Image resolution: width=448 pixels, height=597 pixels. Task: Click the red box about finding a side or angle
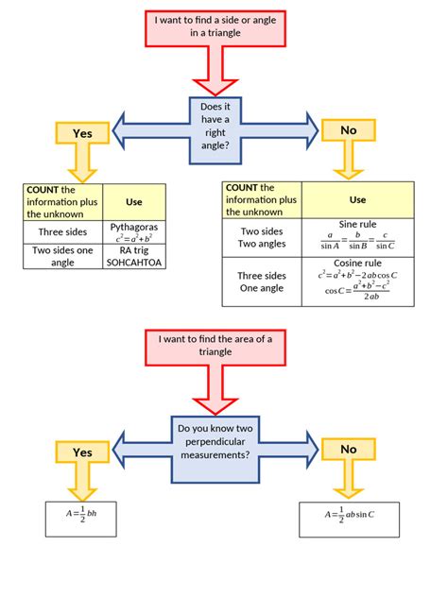(223, 28)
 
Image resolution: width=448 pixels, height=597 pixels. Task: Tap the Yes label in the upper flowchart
(83, 133)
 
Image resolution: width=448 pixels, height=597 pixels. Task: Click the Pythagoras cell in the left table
(135, 231)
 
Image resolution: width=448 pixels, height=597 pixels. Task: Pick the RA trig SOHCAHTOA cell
(135, 256)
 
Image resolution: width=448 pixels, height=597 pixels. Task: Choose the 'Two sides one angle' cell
(61, 256)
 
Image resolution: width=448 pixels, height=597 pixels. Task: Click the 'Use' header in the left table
(135, 201)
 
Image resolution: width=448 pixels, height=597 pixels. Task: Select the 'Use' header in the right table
(357, 200)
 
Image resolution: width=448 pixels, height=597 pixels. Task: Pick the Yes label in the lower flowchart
(83, 452)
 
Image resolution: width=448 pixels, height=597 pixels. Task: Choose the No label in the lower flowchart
(348, 450)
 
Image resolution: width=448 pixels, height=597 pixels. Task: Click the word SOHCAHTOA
(135, 262)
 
